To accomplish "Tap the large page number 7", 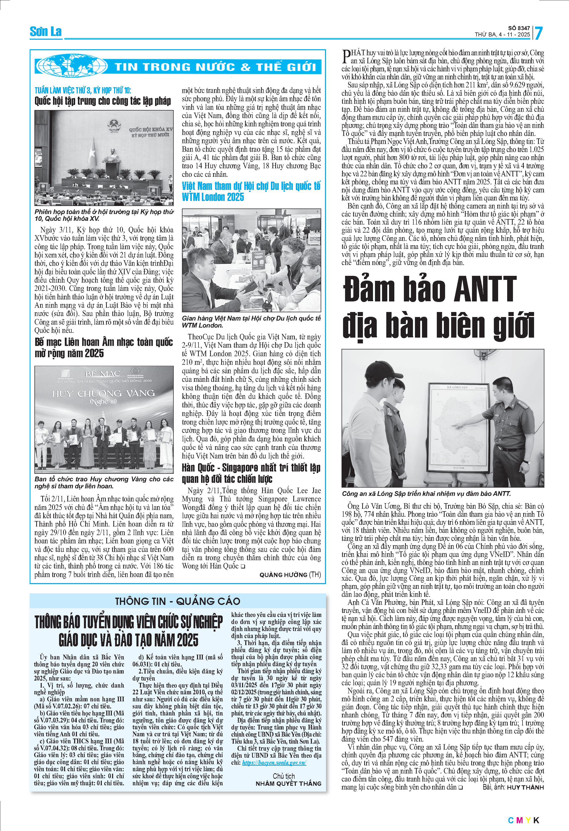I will coord(539,33).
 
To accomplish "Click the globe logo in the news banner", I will coord(72,66).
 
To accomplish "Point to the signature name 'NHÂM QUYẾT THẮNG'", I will coord(288,784).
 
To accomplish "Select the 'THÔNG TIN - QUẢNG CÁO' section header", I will coord(178,601).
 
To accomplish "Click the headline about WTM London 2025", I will coord(251,191).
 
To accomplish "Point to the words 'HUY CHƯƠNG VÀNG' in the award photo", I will coord(103,394).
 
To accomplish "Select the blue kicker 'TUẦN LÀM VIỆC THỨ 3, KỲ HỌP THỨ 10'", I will coord(83,90).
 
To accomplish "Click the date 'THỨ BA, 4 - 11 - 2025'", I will coord(502,35).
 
